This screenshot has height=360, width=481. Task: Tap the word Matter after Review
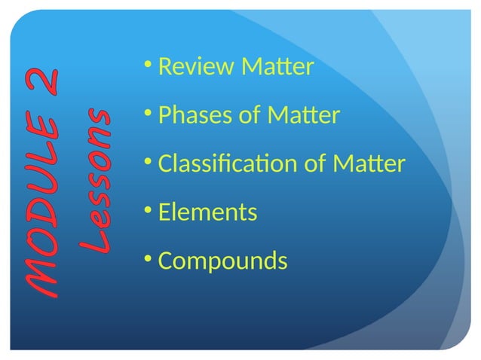coord(277,69)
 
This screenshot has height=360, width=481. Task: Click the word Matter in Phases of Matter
coord(304,117)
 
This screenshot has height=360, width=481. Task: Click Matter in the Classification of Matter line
coord(370,164)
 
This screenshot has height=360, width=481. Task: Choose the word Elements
coord(208,213)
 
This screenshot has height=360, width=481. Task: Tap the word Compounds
coord(223,261)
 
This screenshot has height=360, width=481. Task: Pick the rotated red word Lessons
coord(98,181)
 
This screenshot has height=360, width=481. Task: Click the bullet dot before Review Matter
coord(147,66)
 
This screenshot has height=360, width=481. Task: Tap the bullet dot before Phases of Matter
coord(147,114)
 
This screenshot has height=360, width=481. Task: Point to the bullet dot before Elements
coord(147,210)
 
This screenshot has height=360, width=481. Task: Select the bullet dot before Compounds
coord(147,258)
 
